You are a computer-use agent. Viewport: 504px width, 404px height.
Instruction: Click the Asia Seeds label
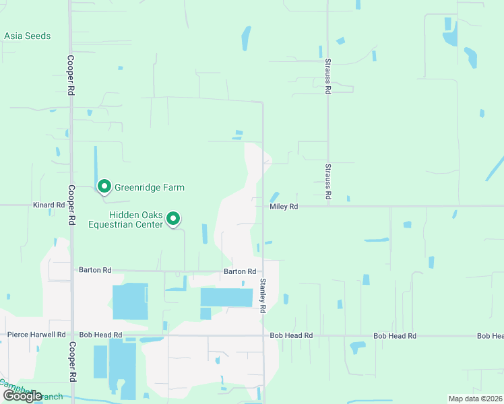[x=28, y=36]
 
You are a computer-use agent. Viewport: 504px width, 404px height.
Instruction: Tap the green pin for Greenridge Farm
[x=104, y=186]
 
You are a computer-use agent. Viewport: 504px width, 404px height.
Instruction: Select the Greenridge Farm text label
[x=149, y=187]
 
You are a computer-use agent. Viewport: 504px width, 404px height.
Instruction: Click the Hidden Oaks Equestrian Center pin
[x=173, y=218]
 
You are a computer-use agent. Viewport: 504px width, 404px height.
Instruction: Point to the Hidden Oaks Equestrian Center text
[x=127, y=220]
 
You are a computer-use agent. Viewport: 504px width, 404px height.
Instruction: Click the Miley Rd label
[x=284, y=207]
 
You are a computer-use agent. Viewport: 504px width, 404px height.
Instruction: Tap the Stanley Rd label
[x=263, y=296]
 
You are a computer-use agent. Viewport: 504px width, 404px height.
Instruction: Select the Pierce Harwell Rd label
[x=36, y=335]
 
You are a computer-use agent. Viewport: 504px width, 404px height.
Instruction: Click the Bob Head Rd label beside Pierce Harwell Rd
[x=100, y=335]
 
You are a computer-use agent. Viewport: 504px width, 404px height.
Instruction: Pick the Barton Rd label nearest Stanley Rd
[x=240, y=271]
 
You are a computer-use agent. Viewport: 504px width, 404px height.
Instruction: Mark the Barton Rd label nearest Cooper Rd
[x=95, y=270]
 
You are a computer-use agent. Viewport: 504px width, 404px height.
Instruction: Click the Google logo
[x=22, y=395]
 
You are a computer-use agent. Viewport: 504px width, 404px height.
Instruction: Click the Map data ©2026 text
[x=475, y=399]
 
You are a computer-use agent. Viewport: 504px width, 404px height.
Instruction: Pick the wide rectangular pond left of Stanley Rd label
[x=226, y=298]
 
